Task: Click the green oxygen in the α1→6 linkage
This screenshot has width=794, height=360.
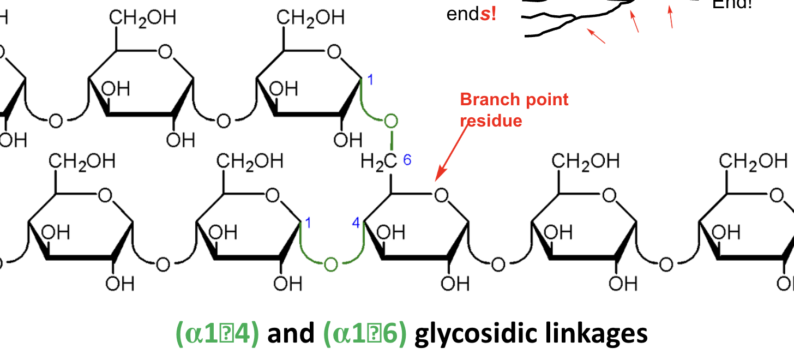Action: [390, 121]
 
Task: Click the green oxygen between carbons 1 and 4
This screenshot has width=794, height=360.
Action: [330, 265]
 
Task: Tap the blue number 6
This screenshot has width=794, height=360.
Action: [407, 160]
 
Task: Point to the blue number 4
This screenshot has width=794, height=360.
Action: [356, 224]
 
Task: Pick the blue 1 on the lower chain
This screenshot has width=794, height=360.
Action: [308, 223]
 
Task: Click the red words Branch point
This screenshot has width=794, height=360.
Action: [514, 100]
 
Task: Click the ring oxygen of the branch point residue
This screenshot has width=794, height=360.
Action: [441, 195]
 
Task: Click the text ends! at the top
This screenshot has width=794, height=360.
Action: [471, 14]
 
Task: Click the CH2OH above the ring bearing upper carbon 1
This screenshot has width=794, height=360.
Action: [310, 17]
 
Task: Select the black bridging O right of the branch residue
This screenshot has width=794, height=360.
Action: [497, 265]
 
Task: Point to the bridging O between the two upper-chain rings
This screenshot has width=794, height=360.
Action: [223, 121]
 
